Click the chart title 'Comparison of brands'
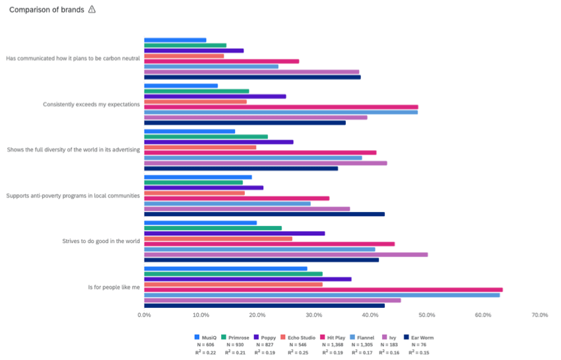pyautogui.click(x=46, y=10)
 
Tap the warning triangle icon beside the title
pyautogui.click(x=92, y=9)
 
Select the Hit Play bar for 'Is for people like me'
pyautogui.click(x=323, y=289)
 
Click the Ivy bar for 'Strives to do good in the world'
pyautogui.click(x=286, y=254)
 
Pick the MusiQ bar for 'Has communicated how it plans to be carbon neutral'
pyautogui.click(x=175, y=40)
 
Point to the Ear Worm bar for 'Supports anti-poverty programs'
pyautogui.click(x=264, y=214)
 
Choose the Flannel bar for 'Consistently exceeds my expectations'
pyautogui.click(x=280, y=112)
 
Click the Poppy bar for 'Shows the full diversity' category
pyautogui.click(x=218, y=142)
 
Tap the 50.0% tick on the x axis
pyautogui.click(x=427, y=315)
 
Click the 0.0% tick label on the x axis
pyautogui.click(x=145, y=315)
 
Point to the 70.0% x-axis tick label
pyautogui.click(x=539, y=315)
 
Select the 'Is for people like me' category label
pyautogui.click(x=114, y=287)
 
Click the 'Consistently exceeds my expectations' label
pyautogui.click(x=91, y=104)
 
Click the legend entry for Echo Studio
pyautogui.click(x=298, y=338)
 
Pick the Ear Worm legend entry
pyautogui.click(x=418, y=338)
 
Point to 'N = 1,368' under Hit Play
pyautogui.click(x=331, y=345)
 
